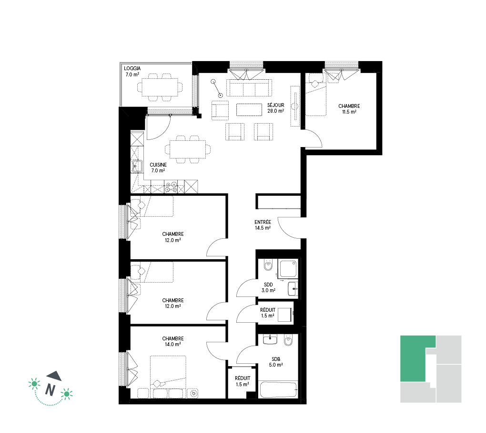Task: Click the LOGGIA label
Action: [x=132, y=72]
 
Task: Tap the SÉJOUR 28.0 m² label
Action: [x=275, y=108]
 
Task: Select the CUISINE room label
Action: [x=158, y=168]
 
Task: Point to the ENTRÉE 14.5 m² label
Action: [x=263, y=225]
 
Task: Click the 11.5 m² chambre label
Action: [x=349, y=109]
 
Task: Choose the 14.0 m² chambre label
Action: [x=173, y=341]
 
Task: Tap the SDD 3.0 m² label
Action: [x=268, y=287]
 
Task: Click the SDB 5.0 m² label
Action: [x=276, y=362]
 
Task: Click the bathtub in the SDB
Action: [x=278, y=390]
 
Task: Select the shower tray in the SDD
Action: [x=288, y=269]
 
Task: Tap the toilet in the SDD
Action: [x=268, y=265]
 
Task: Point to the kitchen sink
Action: [x=137, y=166]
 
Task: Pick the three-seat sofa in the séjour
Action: [x=249, y=88]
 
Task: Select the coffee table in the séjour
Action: [x=249, y=110]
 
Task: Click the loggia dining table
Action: [x=160, y=87]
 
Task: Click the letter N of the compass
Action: [x=50, y=390]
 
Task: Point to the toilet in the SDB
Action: [x=288, y=340]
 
